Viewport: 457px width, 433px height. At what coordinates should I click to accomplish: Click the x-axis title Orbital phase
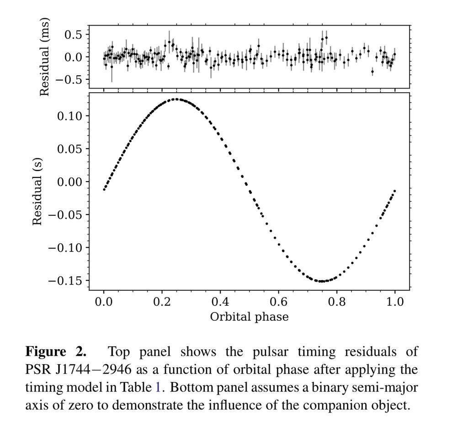pyautogui.click(x=249, y=316)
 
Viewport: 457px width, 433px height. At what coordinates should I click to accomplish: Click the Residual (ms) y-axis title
pyautogui.click(x=44, y=57)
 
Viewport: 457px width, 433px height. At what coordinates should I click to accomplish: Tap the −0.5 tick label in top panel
pyautogui.click(x=68, y=79)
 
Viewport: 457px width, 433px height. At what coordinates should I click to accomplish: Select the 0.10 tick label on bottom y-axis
pyautogui.click(x=69, y=116)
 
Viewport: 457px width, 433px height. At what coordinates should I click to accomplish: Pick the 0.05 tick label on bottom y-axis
pyautogui.click(x=69, y=149)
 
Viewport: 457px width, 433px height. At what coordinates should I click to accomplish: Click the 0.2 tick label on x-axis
pyautogui.click(x=162, y=302)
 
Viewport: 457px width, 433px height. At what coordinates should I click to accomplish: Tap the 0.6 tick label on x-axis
pyautogui.click(x=278, y=302)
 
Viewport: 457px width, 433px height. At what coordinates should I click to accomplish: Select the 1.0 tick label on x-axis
pyautogui.click(x=395, y=302)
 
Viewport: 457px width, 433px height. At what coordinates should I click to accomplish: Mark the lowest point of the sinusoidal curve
pyautogui.click(x=321, y=281)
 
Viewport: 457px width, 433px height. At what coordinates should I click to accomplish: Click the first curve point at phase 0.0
pyautogui.click(x=104, y=189)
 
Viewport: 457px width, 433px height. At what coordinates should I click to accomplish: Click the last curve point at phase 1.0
pyautogui.click(x=394, y=191)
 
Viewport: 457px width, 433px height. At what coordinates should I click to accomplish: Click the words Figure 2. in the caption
pyautogui.click(x=55, y=352)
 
